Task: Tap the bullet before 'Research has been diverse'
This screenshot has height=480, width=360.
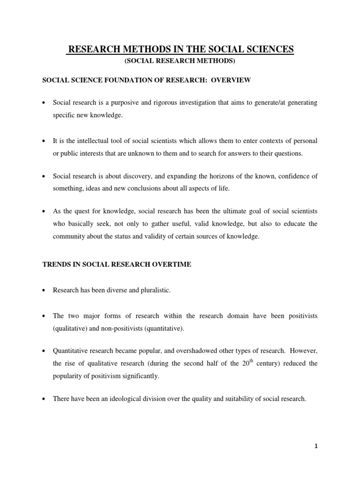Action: (x=44, y=291)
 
